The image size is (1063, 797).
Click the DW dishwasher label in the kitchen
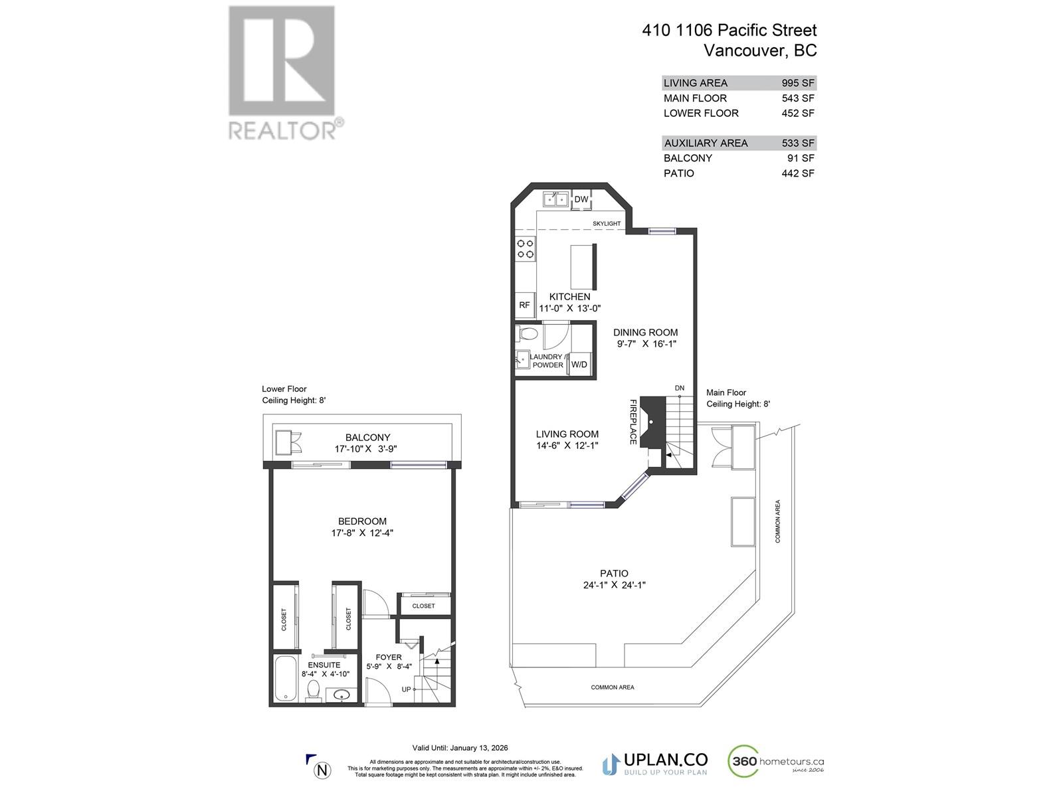[x=581, y=199]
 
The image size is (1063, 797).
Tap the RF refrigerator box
[x=524, y=306]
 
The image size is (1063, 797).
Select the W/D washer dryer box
[x=579, y=364]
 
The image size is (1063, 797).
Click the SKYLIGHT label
[x=607, y=224]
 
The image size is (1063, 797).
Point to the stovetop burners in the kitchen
[x=526, y=248]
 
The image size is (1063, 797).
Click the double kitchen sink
[x=553, y=199]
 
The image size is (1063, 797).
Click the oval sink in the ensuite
[x=341, y=695]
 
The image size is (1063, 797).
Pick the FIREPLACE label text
[x=633, y=422]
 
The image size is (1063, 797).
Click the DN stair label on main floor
[x=679, y=389]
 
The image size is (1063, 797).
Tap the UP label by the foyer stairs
[x=406, y=689]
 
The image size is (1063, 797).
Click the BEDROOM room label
[x=362, y=521]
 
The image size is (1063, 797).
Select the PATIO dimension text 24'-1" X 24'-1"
[x=613, y=585]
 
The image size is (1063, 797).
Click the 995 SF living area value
[x=797, y=83]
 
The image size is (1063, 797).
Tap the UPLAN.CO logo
[x=654, y=763]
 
